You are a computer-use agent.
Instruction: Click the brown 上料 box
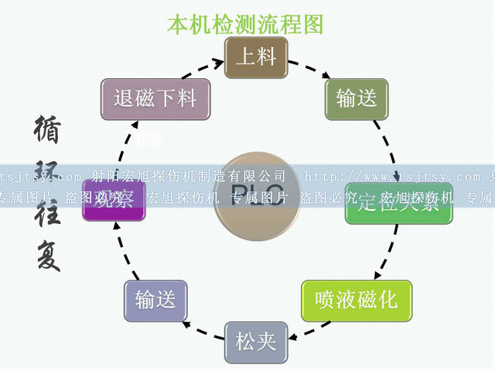pyautogui.click(x=256, y=57)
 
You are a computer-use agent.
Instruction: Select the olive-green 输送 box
pyautogui.click(x=357, y=98)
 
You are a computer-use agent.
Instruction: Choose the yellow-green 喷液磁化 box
pyautogui.click(x=356, y=300)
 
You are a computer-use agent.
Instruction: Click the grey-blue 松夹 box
pyautogui.click(x=256, y=341)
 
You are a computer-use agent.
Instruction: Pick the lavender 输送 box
pyautogui.click(x=155, y=300)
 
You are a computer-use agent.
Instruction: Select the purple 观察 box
pyautogui.click(x=114, y=200)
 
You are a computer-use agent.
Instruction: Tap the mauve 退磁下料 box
pyautogui.click(x=155, y=98)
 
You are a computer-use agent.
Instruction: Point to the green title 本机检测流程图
pyautogui.click(x=245, y=24)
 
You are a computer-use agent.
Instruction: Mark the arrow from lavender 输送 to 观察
pyautogui.click(x=128, y=252)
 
